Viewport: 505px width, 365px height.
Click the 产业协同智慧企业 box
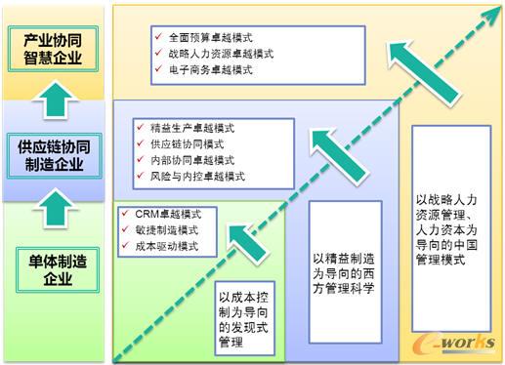56,48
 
